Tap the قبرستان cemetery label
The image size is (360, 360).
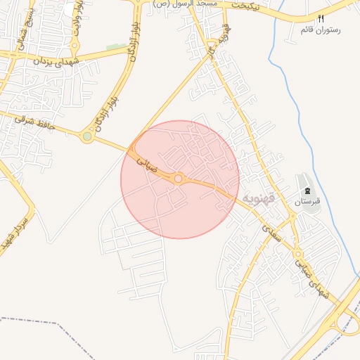pyautogui.click(x=307, y=202)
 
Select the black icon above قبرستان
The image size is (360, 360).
pyautogui.click(x=307, y=191)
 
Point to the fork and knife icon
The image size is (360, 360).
pyautogui.click(x=321, y=19)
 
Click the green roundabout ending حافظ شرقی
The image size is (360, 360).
pyautogui.click(x=86, y=136)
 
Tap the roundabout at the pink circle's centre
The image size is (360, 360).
pyautogui.click(x=179, y=179)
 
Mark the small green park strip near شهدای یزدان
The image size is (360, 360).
pyautogui.click(x=116, y=47)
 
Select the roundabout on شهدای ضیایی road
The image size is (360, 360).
pyautogui.click(x=298, y=255)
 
